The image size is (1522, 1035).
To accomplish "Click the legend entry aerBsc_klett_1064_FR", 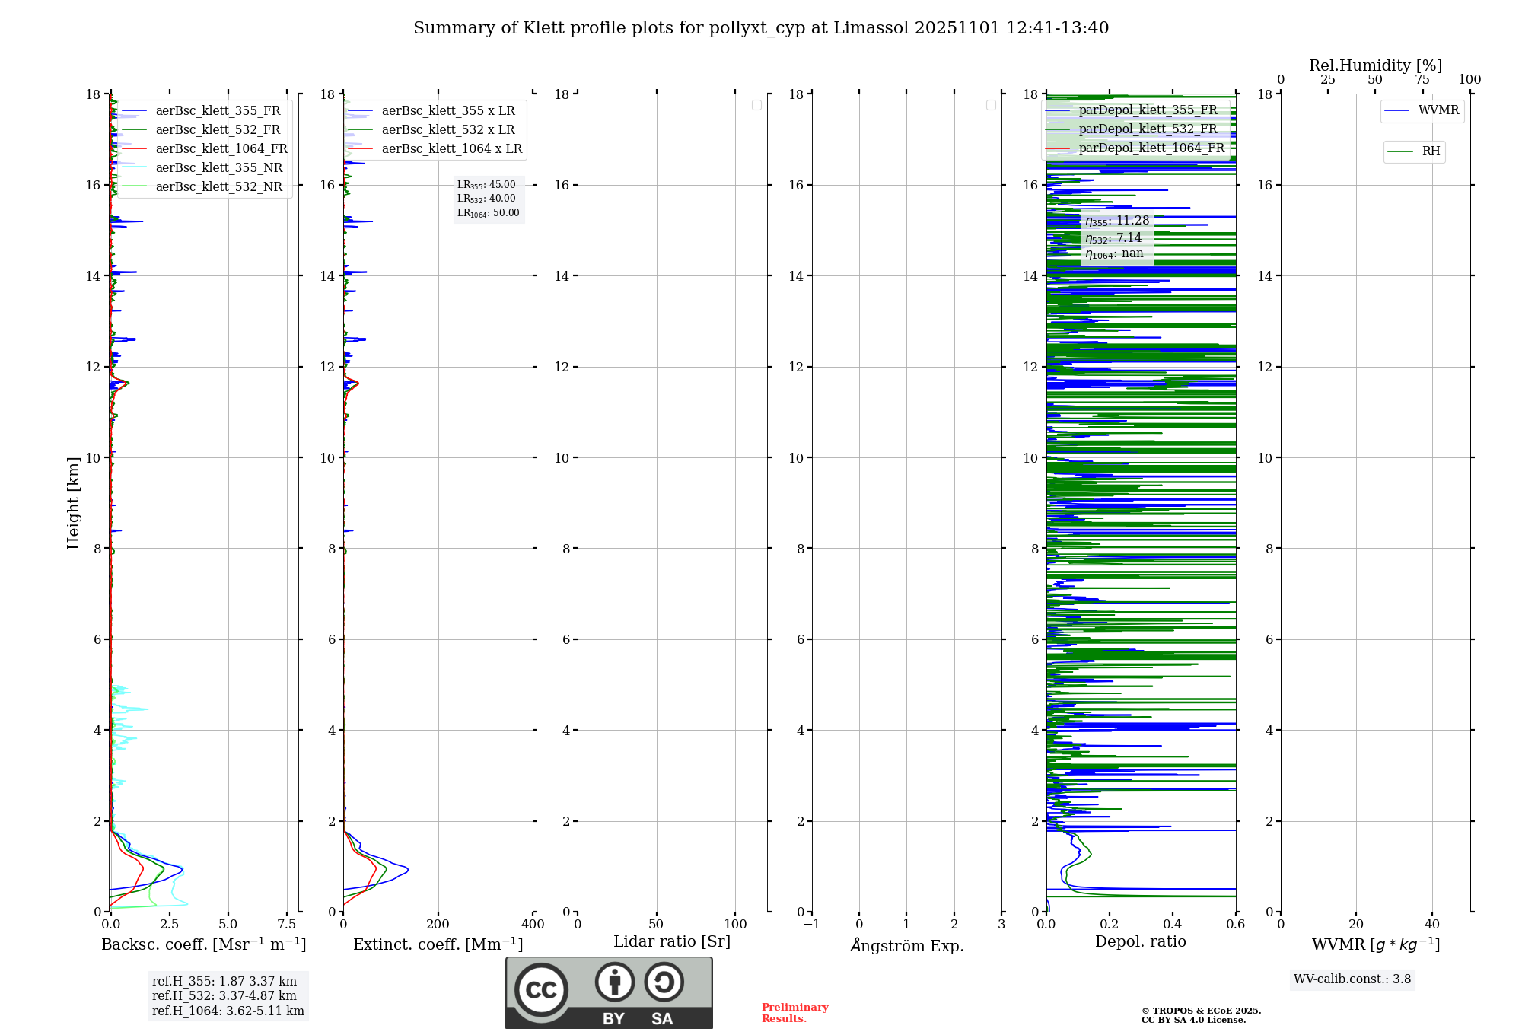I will [x=221, y=149].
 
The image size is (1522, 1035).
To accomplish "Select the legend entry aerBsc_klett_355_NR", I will [x=218, y=168].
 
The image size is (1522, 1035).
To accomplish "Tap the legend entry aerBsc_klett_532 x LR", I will [x=447, y=130].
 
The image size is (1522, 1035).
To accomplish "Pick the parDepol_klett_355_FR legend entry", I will [x=1148, y=110].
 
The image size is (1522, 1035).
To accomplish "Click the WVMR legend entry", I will [x=1438, y=110].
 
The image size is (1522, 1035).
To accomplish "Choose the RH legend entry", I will [x=1430, y=151].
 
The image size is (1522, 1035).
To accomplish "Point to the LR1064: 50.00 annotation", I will [x=488, y=213].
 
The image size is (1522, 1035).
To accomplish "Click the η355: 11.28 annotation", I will [x=1116, y=221].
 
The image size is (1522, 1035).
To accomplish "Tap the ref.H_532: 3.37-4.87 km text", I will [x=224, y=995].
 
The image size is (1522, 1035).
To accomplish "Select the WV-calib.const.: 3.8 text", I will [x=1352, y=979].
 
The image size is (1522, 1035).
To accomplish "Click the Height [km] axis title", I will [x=73, y=503].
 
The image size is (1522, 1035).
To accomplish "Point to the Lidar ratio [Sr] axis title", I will [x=671, y=942].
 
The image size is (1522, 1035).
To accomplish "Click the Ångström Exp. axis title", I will [x=906, y=946].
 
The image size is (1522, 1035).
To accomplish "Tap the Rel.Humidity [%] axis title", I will [x=1374, y=65].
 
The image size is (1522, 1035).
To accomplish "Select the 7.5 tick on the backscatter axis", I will [x=286, y=925].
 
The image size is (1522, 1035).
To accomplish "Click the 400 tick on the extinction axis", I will [x=533, y=925].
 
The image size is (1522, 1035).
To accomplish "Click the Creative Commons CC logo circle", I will [x=541, y=990].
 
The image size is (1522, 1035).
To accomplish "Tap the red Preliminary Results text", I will [x=794, y=1013].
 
